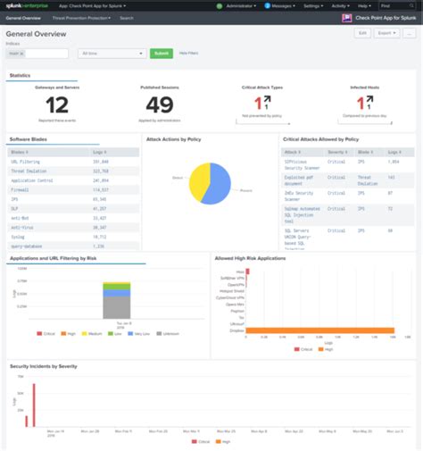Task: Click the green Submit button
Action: click(x=162, y=54)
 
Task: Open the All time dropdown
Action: click(x=111, y=54)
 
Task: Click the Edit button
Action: click(x=362, y=32)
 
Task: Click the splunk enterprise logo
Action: click(x=28, y=5)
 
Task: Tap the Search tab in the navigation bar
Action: click(x=127, y=17)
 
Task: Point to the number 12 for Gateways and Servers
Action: click(x=48, y=105)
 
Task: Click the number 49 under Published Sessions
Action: click(x=160, y=105)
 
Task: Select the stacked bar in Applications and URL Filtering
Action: click(x=117, y=300)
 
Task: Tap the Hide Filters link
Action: click(x=189, y=54)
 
